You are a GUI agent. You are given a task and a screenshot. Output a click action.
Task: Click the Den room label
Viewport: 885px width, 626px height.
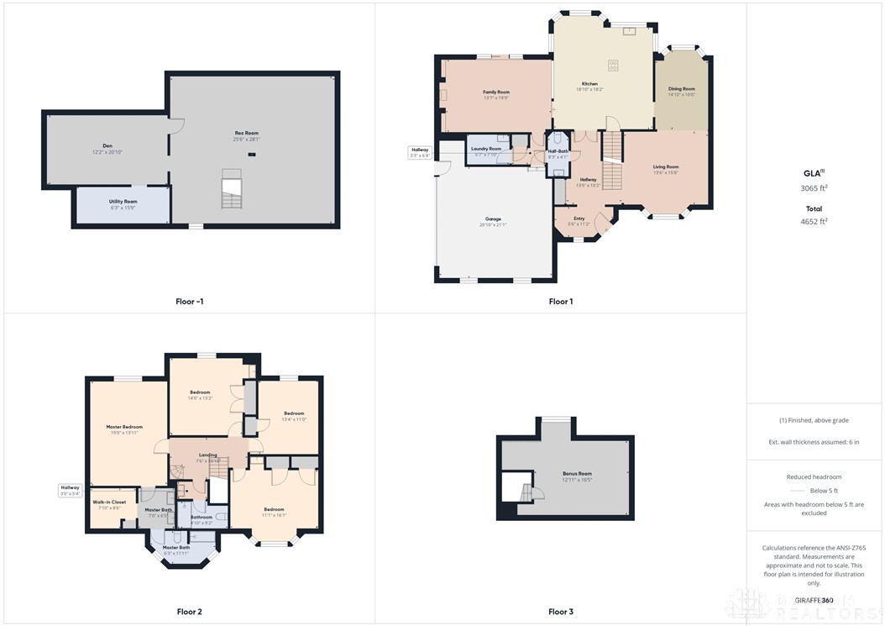point(107,149)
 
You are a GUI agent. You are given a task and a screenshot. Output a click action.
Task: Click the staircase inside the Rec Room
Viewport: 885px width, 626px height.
point(230,189)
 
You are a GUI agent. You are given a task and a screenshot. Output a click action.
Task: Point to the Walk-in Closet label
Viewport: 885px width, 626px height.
point(109,505)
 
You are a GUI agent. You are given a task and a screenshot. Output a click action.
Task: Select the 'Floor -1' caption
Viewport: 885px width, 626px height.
point(190,302)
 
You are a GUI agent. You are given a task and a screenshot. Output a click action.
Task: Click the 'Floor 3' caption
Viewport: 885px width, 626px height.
point(560,612)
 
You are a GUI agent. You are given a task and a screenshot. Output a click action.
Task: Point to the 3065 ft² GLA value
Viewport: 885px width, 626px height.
point(814,189)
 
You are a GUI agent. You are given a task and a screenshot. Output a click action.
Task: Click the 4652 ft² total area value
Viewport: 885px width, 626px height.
point(814,222)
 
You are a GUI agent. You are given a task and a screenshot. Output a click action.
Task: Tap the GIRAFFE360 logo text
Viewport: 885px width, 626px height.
point(814,600)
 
